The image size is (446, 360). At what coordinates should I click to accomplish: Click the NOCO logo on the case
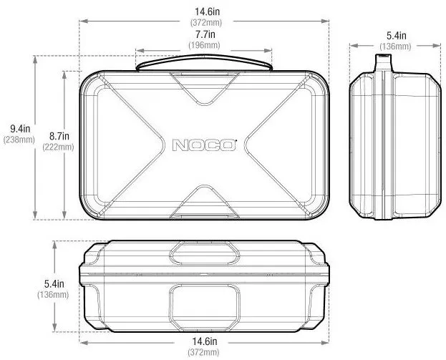coord(204,145)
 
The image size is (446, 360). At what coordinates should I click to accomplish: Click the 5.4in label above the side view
coord(395,35)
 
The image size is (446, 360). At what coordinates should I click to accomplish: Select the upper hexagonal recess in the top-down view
coord(204,252)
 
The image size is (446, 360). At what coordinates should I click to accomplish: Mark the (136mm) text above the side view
coord(395,47)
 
